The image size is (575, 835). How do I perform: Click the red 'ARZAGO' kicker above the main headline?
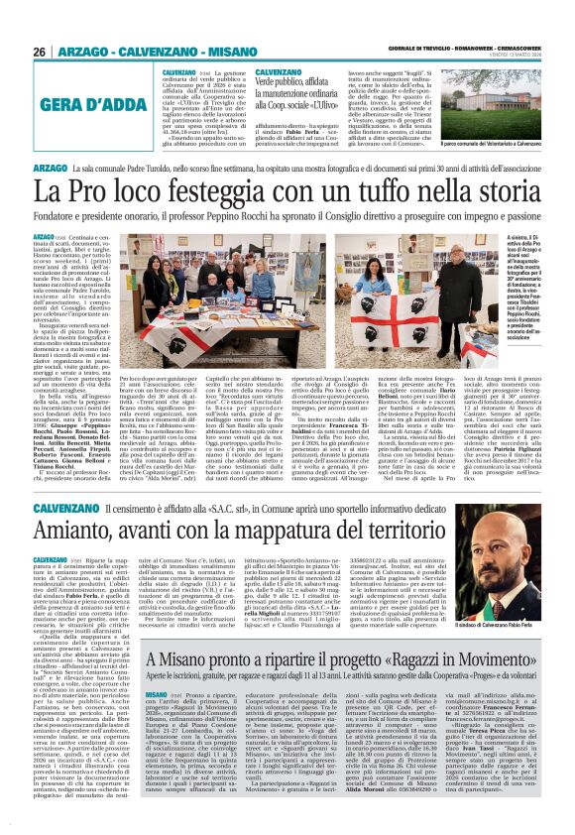pos(51,167)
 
